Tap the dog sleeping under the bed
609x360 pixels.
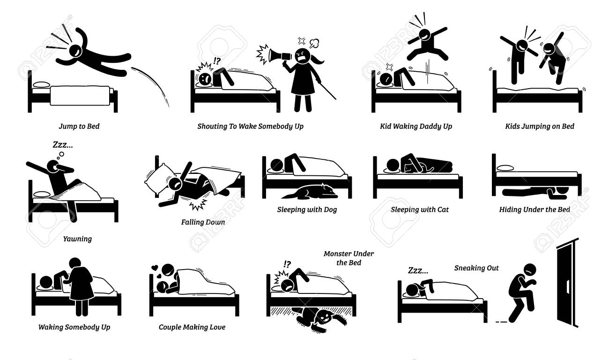[x=311, y=191]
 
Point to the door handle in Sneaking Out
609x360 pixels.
[x=567, y=287]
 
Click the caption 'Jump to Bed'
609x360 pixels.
[x=79, y=126]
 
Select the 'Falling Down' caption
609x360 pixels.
[x=203, y=222]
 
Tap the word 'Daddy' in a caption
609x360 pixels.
[x=425, y=127]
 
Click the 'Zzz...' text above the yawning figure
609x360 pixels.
[x=63, y=145]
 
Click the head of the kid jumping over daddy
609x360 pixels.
[x=425, y=34]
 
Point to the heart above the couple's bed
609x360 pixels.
[x=155, y=267]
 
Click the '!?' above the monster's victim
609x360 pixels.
[x=287, y=264]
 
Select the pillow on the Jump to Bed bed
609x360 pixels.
[x=41, y=85]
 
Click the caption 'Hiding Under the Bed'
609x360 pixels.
[x=535, y=210]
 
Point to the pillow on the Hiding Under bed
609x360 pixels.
[x=505, y=168]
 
